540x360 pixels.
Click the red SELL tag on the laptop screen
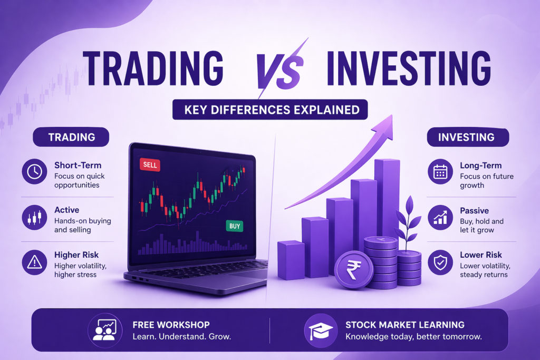tap(150, 165)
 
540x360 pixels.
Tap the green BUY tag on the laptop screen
tap(235, 226)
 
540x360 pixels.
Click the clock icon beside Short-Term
tap(35, 172)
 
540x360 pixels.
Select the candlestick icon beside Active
tap(35, 217)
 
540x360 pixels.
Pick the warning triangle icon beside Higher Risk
tap(35, 262)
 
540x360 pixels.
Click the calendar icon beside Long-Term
tap(440, 171)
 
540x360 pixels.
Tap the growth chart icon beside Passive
tap(440, 217)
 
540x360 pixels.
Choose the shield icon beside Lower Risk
tap(440, 262)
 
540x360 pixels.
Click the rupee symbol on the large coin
tap(354, 269)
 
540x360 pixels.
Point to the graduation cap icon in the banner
tap(320, 330)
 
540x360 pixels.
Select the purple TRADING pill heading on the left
tap(71, 137)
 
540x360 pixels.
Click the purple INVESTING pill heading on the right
tap(467, 137)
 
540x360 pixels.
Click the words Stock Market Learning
tap(405, 324)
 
